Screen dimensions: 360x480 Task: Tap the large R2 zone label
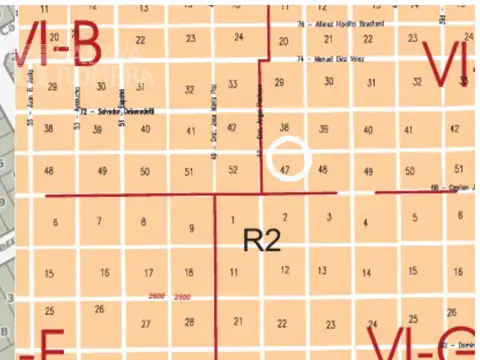coord(262,240)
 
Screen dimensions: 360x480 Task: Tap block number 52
coord(233,170)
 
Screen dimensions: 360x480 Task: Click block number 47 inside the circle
coord(285,170)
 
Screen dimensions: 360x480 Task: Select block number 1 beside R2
coord(233,219)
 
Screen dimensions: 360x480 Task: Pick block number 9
coord(191,229)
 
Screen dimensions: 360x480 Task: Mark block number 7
coord(98,220)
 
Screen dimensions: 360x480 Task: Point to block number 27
coord(146,323)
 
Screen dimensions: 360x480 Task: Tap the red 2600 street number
coord(157,299)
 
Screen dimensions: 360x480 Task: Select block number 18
coord(188,272)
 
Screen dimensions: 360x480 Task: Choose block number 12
coord(285,269)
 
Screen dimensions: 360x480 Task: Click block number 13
coord(322,270)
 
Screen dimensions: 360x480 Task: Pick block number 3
coord(329,216)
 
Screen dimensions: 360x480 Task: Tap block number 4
coord(365,222)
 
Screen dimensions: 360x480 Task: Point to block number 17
coord(148,272)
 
